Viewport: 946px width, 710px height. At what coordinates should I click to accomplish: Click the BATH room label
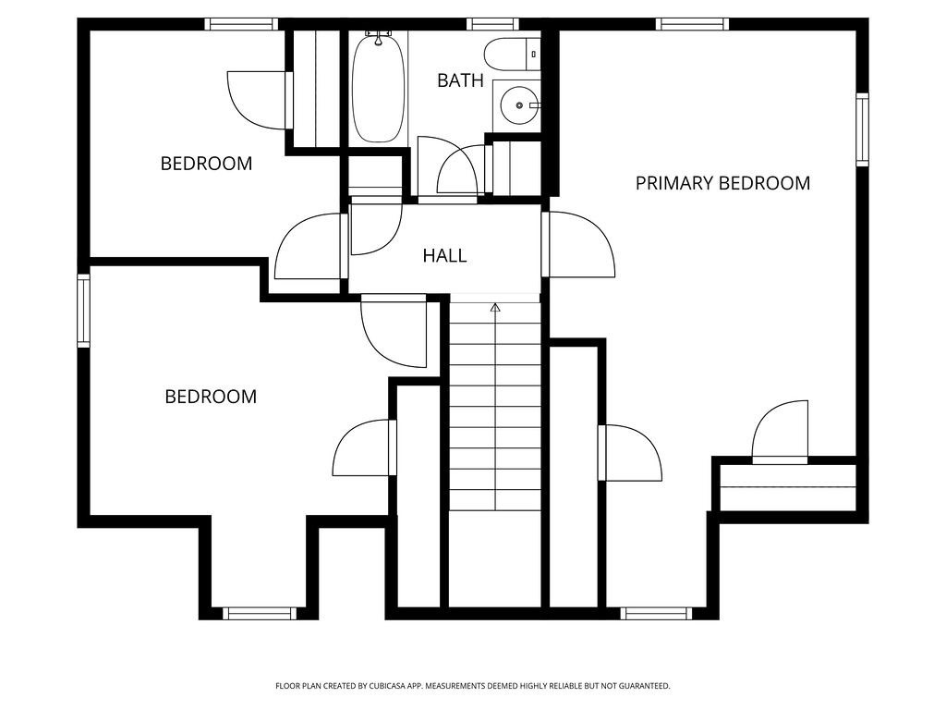(x=460, y=80)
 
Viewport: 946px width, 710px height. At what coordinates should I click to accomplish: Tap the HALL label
(x=444, y=256)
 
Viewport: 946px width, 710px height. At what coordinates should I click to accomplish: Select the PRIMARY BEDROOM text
(x=722, y=183)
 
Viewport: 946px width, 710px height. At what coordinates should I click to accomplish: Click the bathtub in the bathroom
(x=378, y=86)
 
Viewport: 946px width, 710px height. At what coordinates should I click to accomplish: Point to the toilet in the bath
(x=514, y=53)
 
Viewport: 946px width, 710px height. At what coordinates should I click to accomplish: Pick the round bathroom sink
(x=518, y=105)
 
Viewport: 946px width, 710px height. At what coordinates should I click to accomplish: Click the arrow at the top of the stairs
(x=495, y=307)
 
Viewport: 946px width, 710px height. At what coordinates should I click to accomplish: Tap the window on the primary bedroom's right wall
(x=862, y=129)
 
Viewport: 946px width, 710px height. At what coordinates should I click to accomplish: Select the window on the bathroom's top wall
(x=492, y=24)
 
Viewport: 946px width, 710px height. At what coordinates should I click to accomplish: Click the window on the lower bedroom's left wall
(x=83, y=311)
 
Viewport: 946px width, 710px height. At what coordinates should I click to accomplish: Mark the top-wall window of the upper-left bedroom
(x=241, y=24)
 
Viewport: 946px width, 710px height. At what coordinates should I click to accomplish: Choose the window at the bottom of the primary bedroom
(x=656, y=613)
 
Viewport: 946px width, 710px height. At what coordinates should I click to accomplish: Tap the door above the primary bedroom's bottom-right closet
(x=782, y=432)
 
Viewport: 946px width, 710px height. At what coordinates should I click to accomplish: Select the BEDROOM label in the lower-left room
(x=211, y=397)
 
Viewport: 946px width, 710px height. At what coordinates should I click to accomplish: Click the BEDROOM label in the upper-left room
(x=206, y=164)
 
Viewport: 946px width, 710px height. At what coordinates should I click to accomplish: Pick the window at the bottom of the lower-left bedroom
(x=260, y=613)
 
